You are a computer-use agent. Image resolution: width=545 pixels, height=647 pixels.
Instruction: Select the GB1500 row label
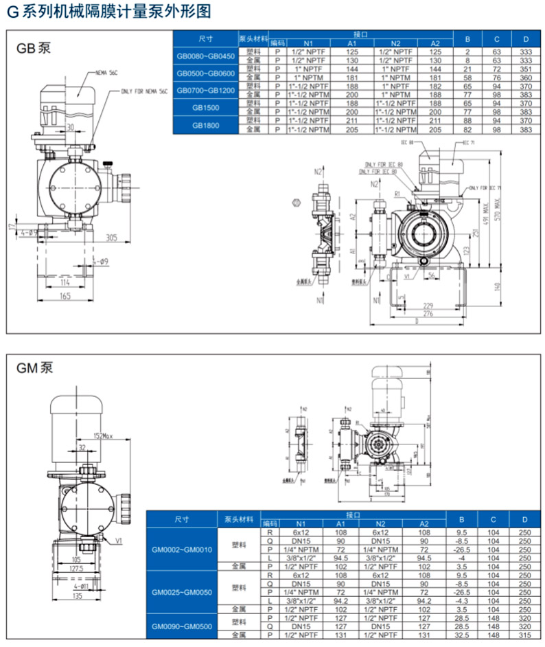206,107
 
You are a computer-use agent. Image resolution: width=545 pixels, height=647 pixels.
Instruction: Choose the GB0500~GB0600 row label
206,73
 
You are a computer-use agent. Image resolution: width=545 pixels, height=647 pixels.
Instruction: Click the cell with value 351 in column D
526,69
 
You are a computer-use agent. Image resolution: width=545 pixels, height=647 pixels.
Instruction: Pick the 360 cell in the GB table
526,78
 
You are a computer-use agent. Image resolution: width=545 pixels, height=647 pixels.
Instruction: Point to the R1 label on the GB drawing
397,196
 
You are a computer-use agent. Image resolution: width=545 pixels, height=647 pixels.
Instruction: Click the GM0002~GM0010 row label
182,549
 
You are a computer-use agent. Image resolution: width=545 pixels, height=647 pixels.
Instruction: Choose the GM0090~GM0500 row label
182,626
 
